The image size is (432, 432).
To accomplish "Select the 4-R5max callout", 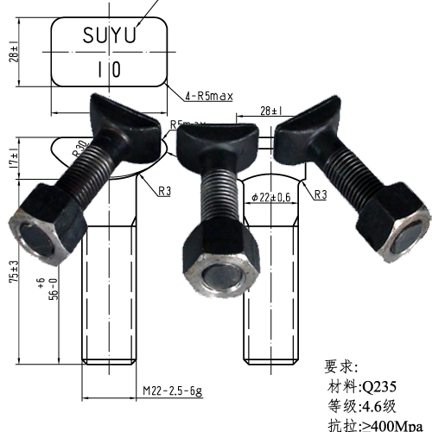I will pos(208,96).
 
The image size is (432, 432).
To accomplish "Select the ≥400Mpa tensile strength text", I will pos(390,424).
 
